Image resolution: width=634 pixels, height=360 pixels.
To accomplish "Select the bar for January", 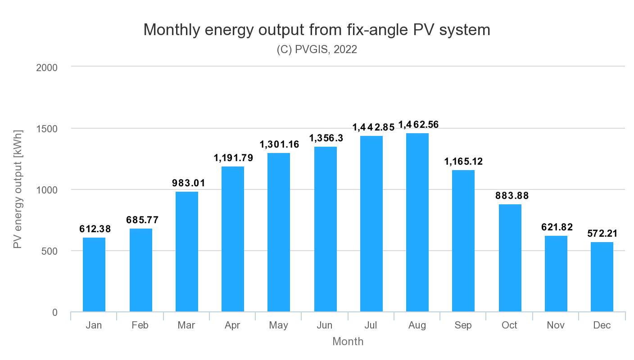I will pyautogui.click(x=94, y=274).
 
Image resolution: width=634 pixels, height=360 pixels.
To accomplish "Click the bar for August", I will pyautogui.click(x=417, y=222).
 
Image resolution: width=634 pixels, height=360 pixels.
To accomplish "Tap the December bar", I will pyautogui.click(x=602, y=277).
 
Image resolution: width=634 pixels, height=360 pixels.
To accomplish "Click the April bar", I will pyautogui.click(x=233, y=239).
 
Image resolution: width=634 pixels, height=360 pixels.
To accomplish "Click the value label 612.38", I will pyautogui.click(x=95, y=229).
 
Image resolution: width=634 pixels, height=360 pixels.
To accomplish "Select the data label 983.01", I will pyautogui.click(x=189, y=183).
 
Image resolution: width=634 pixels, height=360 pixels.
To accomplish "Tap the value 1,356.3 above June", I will pyautogui.click(x=326, y=138).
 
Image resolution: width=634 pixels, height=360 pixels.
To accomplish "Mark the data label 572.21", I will pyautogui.click(x=602, y=234).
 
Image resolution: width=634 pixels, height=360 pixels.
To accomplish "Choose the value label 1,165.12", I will pyautogui.click(x=463, y=162).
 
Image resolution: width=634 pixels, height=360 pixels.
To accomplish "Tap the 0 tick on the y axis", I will pyautogui.click(x=54, y=312).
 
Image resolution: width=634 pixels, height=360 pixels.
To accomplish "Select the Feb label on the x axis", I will pyautogui.click(x=140, y=325).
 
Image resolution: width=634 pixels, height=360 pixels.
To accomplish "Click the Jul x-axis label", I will pyautogui.click(x=371, y=325).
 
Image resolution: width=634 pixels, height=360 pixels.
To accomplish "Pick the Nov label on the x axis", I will pyautogui.click(x=556, y=325).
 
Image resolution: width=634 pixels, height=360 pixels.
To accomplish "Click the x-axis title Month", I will pyautogui.click(x=348, y=342).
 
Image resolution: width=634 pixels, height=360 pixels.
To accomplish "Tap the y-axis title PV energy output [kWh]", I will pyautogui.click(x=18, y=189).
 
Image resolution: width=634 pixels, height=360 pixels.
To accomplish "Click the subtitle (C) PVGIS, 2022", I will pyautogui.click(x=317, y=49).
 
